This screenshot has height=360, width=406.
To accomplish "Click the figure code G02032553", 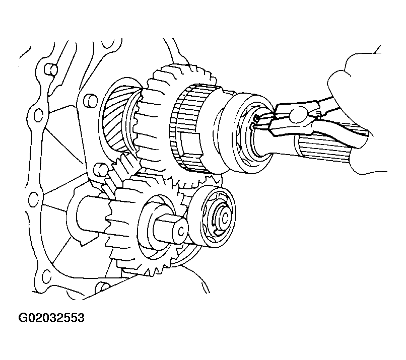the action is tap(51, 317).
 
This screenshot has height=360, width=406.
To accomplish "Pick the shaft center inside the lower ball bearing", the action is tap(223, 218).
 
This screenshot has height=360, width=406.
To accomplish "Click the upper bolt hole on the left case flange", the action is tap(39, 115).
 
